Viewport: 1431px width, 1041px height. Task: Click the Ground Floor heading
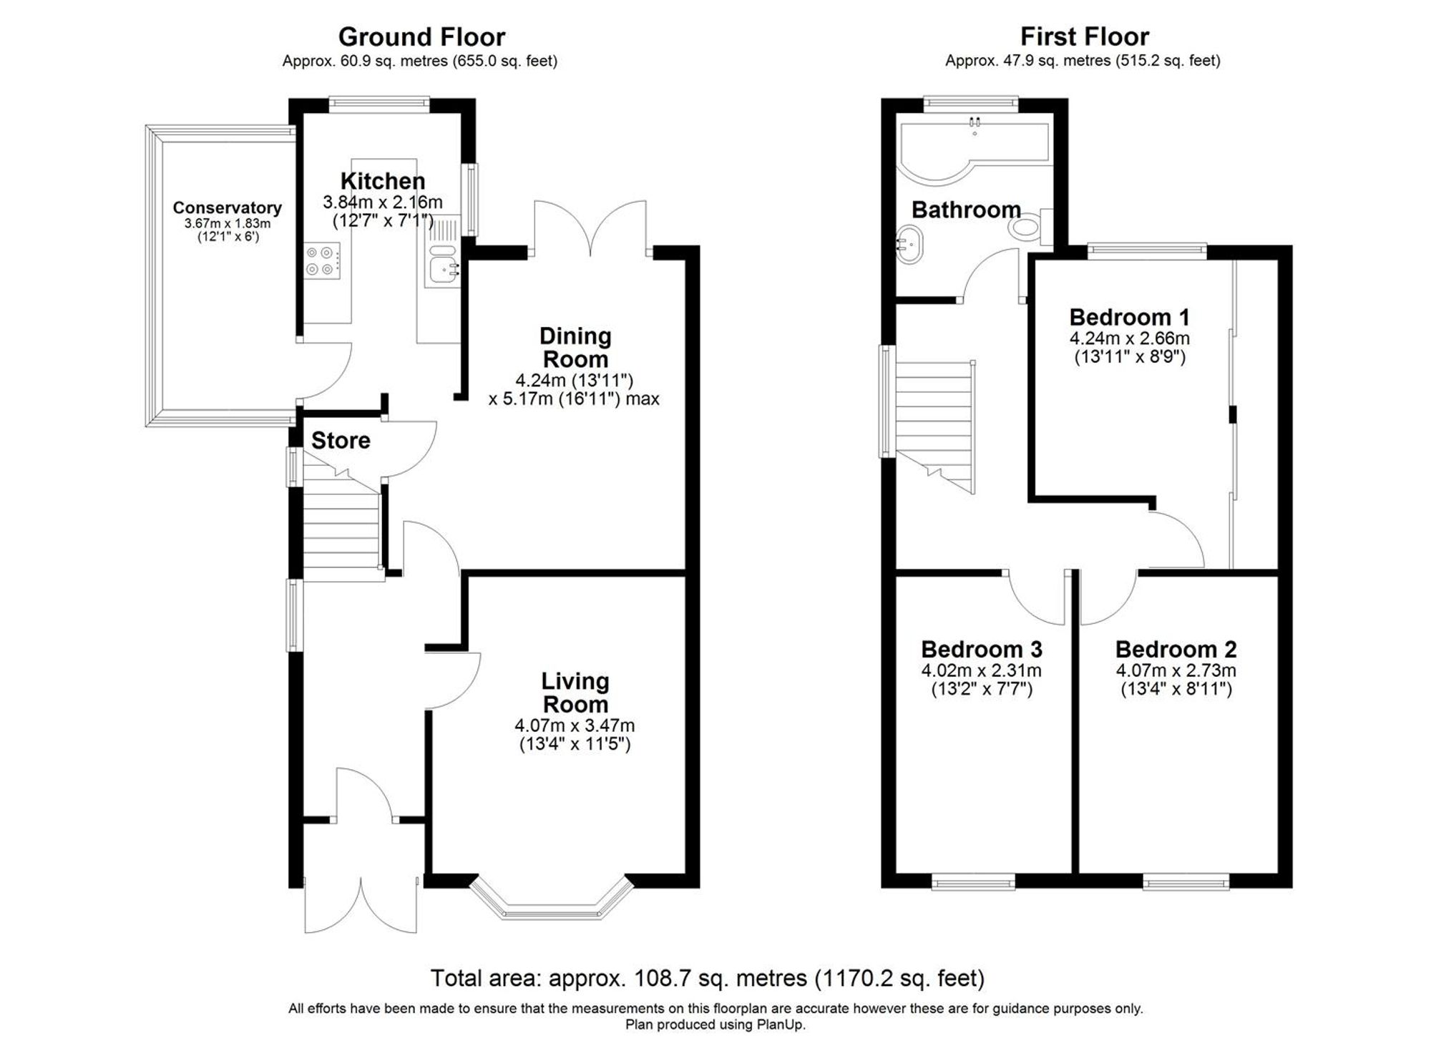click(421, 36)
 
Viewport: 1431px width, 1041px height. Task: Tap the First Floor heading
click(1084, 36)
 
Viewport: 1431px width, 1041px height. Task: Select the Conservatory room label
click(227, 208)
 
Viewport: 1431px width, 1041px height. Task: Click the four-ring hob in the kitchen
click(321, 260)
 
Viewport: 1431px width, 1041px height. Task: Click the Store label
click(341, 441)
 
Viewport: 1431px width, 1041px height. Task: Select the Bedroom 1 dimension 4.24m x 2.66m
click(1129, 338)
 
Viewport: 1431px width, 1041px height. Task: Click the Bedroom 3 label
click(981, 650)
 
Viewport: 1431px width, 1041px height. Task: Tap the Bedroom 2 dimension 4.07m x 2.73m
click(1176, 671)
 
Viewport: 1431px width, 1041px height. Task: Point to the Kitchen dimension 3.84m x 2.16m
click(382, 202)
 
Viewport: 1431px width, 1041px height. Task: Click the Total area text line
click(707, 977)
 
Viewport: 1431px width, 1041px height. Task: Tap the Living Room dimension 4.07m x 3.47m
click(575, 725)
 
